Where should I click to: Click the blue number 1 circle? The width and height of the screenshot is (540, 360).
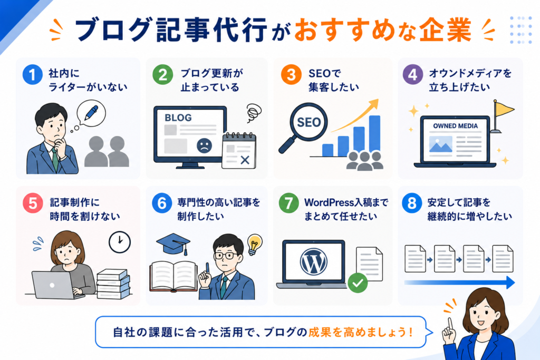(32, 75)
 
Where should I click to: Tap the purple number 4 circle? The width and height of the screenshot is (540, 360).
(412, 75)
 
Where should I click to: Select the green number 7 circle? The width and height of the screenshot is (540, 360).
(288, 203)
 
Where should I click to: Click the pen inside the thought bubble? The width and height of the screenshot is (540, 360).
(91, 113)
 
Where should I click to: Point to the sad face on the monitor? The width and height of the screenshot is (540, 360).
(204, 145)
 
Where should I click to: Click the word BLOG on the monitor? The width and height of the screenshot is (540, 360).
(178, 118)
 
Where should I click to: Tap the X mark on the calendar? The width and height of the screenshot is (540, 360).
(245, 160)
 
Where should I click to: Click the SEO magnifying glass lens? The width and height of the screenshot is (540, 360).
(308, 121)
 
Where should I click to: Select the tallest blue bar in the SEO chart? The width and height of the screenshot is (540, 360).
(375, 133)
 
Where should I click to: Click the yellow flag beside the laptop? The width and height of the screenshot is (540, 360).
(503, 109)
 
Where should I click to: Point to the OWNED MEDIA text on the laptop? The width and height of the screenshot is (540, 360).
(455, 126)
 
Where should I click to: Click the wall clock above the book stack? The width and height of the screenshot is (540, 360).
(120, 242)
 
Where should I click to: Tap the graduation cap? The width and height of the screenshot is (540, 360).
(173, 244)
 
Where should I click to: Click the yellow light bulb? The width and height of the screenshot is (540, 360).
(255, 244)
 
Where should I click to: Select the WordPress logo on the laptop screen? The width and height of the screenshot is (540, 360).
(313, 261)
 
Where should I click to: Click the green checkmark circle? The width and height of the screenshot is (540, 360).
(358, 283)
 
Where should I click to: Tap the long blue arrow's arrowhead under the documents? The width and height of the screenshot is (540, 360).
(510, 283)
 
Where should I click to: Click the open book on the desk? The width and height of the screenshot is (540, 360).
(173, 276)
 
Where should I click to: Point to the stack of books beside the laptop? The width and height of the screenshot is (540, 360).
(113, 284)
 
